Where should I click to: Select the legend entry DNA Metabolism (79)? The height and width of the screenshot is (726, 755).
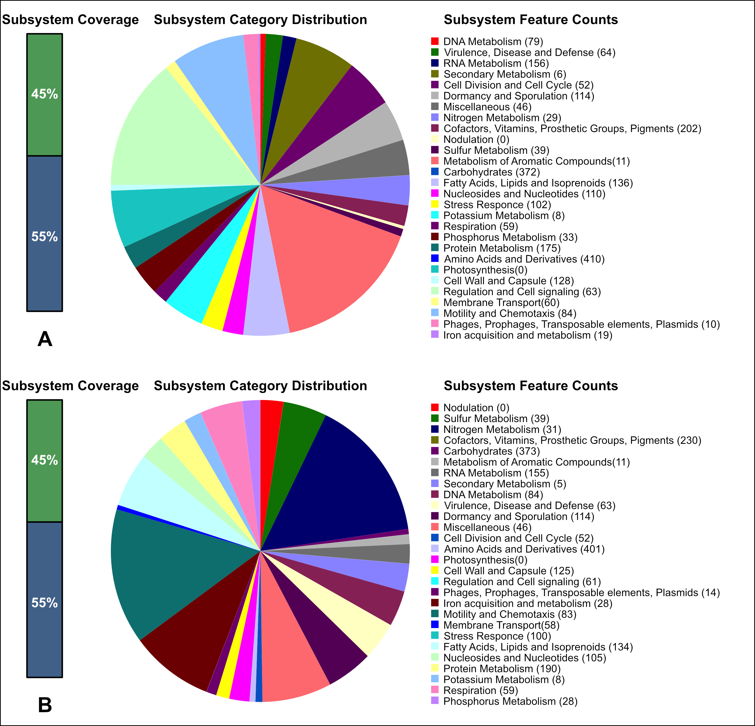tap(493, 41)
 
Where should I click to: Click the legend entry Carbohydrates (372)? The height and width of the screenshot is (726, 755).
tap(492, 172)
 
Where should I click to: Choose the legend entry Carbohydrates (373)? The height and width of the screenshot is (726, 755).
tap(492, 451)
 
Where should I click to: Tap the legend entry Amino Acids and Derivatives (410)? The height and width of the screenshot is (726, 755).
tap(524, 259)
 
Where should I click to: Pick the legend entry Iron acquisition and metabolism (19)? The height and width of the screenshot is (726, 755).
tap(528, 335)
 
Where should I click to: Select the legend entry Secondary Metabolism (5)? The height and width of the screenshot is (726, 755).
tap(505, 483)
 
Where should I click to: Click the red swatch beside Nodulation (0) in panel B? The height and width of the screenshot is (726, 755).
tap(435, 407)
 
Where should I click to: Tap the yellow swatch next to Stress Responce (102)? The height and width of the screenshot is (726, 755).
tap(435, 205)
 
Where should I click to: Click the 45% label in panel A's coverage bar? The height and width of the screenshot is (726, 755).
tap(45, 94)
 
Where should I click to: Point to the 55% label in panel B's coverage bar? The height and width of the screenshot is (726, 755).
tap(45, 603)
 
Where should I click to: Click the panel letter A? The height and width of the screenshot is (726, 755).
tap(45, 339)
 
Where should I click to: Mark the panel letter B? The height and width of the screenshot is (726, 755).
tap(45, 705)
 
